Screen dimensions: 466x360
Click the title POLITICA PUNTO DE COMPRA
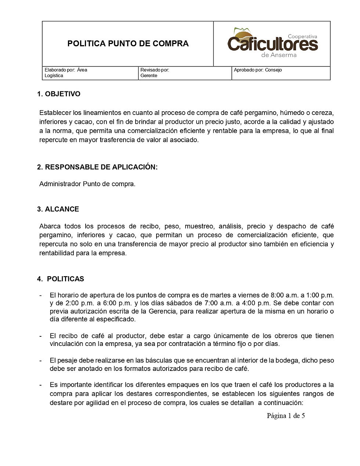128,44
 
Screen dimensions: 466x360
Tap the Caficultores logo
272,43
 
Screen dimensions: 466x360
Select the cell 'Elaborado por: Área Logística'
66,73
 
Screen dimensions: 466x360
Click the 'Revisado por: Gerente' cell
155,73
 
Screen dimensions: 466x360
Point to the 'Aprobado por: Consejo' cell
258,70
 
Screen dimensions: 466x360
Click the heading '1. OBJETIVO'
59,94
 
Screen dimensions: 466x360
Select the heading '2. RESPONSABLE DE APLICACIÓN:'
97,167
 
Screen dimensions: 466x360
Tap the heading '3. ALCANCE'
58,209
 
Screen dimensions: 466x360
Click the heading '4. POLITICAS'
61,279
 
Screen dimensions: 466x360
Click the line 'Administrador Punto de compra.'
87,184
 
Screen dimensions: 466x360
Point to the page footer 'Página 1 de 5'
286,416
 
